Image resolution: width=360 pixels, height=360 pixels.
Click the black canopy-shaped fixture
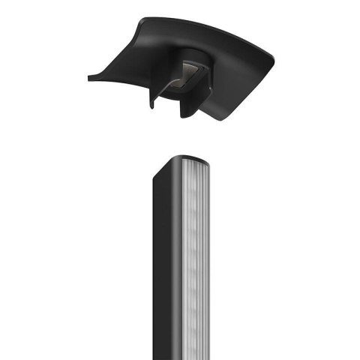[x=225, y=75]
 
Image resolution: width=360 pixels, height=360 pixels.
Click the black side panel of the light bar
[x=160, y=262]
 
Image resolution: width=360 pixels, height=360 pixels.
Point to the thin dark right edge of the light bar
[x=211, y=262]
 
